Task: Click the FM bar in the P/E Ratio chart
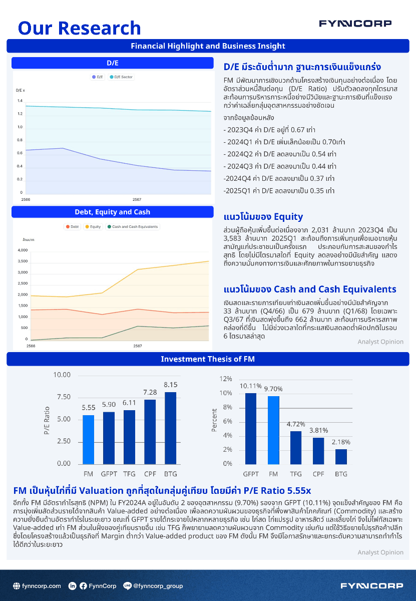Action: [x=88, y=439]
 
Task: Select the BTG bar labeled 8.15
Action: [x=171, y=428]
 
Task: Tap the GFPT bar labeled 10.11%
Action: [x=251, y=428]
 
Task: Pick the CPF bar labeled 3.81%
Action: [x=318, y=451]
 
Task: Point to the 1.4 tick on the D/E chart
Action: [x=20, y=101]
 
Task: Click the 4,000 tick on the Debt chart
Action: [x=23, y=250]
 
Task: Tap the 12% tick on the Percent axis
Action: [x=226, y=379]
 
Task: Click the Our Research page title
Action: [x=79, y=28]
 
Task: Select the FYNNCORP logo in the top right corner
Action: [x=355, y=24]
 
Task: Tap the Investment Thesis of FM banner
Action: [x=208, y=359]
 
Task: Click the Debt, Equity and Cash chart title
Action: [x=112, y=212]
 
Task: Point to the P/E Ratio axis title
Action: [x=47, y=420]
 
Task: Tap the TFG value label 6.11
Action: [x=129, y=403]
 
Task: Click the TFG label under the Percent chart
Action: [x=296, y=474]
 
